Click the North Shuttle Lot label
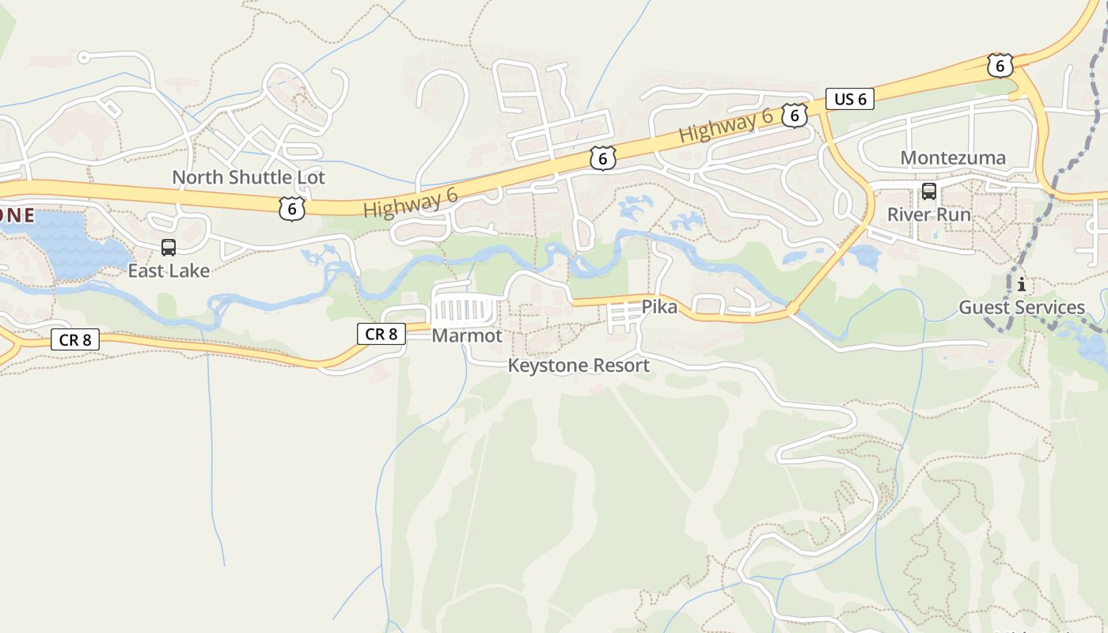(x=249, y=177)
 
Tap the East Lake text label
(x=169, y=271)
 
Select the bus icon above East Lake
(x=169, y=248)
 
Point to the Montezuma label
(x=953, y=157)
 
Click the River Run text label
(x=928, y=214)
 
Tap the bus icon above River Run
(x=929, y=191)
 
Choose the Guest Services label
(x=1022, y=307)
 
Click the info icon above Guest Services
(x=1022, y=284)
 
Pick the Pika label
(x=659, y=307)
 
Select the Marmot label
(x=467, y=335)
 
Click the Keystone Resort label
(x=579, y=366)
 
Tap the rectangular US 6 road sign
(x=850, y=99)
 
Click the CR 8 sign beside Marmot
(x=381, y=334)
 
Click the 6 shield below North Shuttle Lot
(x=292, y=209)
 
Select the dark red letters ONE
(x=16, y=215)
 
